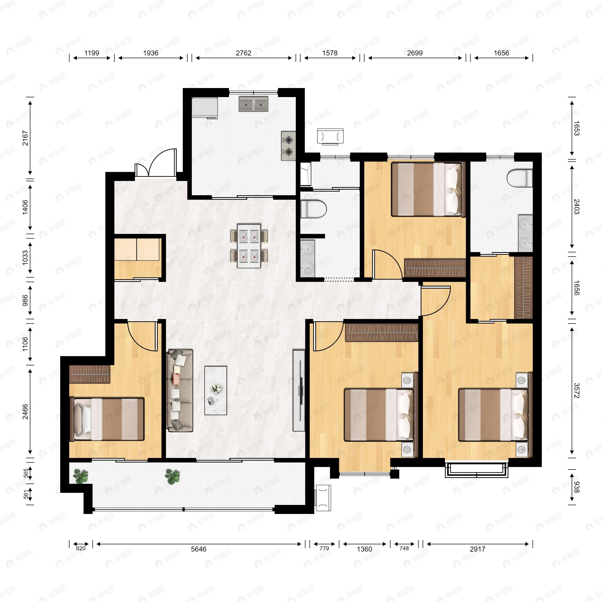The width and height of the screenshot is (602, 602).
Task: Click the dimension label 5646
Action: pyautogui.click(x=198, y=549)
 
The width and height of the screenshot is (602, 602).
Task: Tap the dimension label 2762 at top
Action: pyautogui.click(x=243, y=53)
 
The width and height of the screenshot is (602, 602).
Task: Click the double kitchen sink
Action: pyautogui.click(x=253, y=104)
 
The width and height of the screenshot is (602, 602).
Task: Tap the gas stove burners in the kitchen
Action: pyautogui.click(x=288, y=145)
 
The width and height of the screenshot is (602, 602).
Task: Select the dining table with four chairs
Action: pyautogui.click(x=249, y=246)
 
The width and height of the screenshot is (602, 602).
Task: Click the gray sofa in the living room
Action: pyautogui.click(x=180, y=391)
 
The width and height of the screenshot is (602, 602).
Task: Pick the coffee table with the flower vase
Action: pyautogui.click(x=216, y=391)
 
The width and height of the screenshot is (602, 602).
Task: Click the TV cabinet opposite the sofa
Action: pyautogui.click(x=299, y=391)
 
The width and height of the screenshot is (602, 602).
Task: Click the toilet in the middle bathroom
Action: pyautogui.click(x=313, y=209)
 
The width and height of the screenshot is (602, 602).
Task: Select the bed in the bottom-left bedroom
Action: pyautogui.click(x=108, y=419)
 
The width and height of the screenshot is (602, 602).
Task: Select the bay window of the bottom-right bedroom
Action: pyautogui.click(x=476, y=471)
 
